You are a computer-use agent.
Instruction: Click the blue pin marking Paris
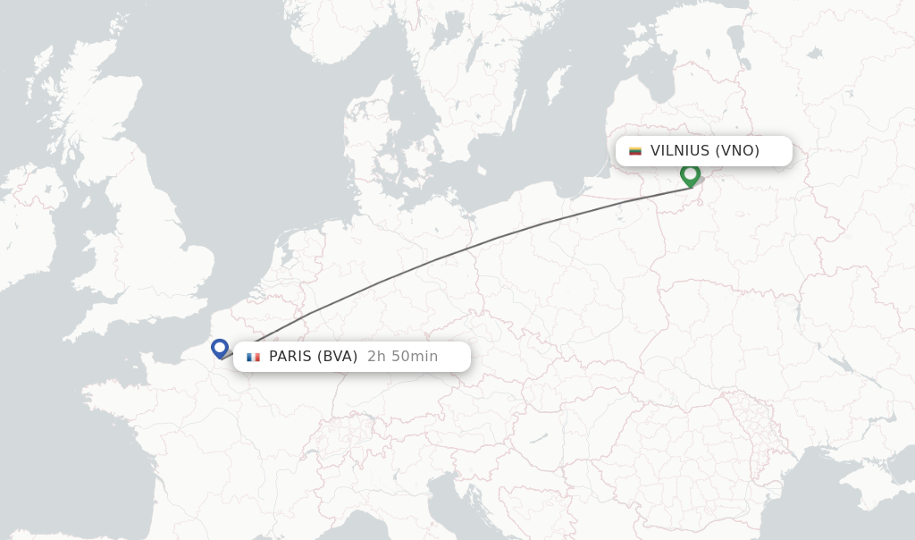pyautogui.click(x=220, y=348)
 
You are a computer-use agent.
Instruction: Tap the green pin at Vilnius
pyautogui.click(x=690, y=174)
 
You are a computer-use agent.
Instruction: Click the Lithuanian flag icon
pyautogui.click(x=635, y=151)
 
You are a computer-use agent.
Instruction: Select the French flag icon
pyautogui.click(x=254, y=357)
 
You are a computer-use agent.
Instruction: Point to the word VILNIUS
pyautogui.click(x=680, y=151)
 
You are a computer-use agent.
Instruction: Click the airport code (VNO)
pyautogui.click(x=737, y=151)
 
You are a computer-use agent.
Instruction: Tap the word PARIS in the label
pyautogui.click(x=290, y=357)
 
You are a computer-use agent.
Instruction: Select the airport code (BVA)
pyautogui.click(x=338, y=357)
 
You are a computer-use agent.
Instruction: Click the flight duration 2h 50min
pyautogui.click(x=402, y=357)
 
